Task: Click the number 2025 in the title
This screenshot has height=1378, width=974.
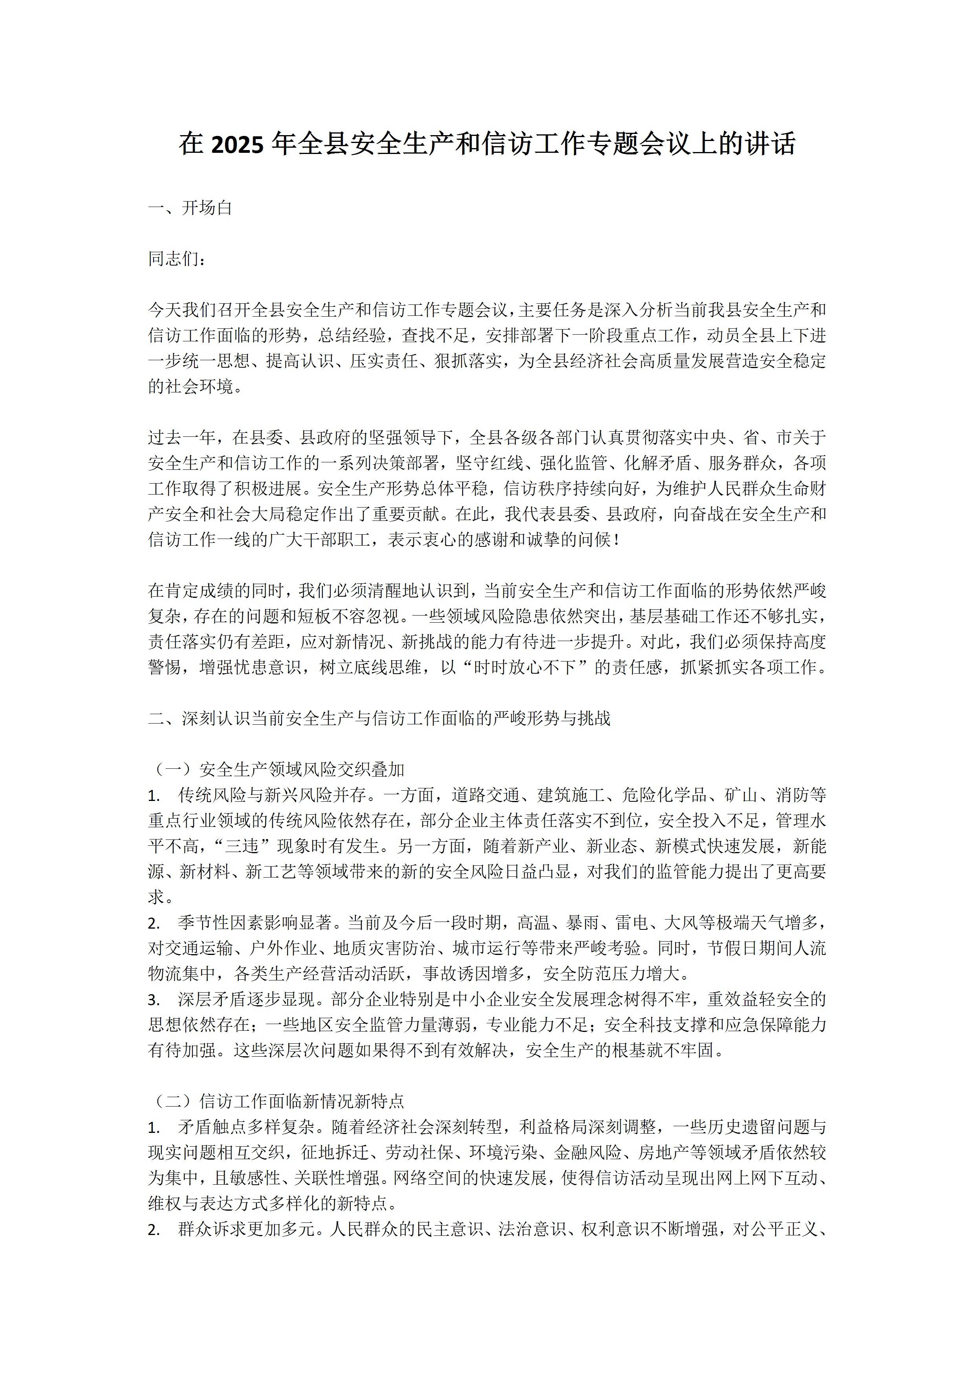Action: pos(237,145)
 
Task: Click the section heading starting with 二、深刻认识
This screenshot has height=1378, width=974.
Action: pos(379,718)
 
